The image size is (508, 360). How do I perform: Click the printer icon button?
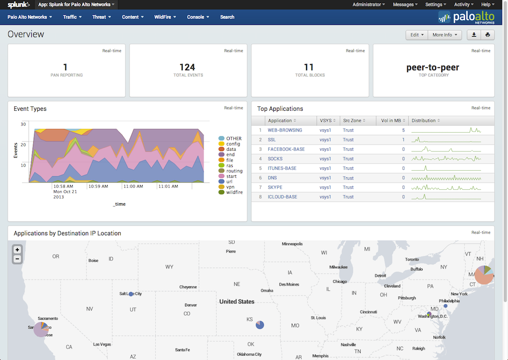488,35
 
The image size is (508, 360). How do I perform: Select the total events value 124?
188,67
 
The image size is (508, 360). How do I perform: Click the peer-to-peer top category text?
433,67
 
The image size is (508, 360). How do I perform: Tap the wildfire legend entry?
234,192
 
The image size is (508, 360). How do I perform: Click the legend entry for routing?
234,171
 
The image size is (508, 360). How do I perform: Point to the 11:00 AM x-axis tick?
132,187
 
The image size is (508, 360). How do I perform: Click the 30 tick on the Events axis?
23,124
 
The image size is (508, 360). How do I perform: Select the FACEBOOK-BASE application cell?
286,149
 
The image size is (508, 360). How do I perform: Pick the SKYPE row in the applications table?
274,187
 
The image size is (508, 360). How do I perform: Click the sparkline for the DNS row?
446,178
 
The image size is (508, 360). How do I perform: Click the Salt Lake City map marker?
131,294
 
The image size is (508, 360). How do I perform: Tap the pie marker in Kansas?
260,325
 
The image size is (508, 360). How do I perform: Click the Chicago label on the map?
340,282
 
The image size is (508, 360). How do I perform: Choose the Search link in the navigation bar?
227,17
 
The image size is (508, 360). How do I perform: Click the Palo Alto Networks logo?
466,17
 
